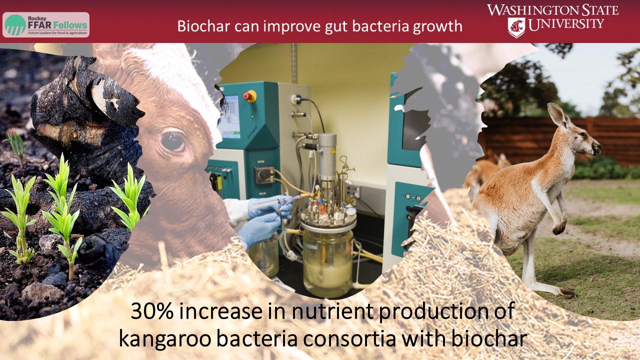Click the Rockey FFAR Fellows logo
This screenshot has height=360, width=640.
click(46, 25)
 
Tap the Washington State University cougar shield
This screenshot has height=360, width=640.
click(516, 27)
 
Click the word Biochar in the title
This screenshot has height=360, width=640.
click(203, 26)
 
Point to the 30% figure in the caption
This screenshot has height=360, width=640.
click(152, 311)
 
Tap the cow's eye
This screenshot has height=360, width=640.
click(173, 141)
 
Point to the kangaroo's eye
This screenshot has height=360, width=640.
click(582, 134)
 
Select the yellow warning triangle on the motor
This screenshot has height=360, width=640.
click(333, 150)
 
